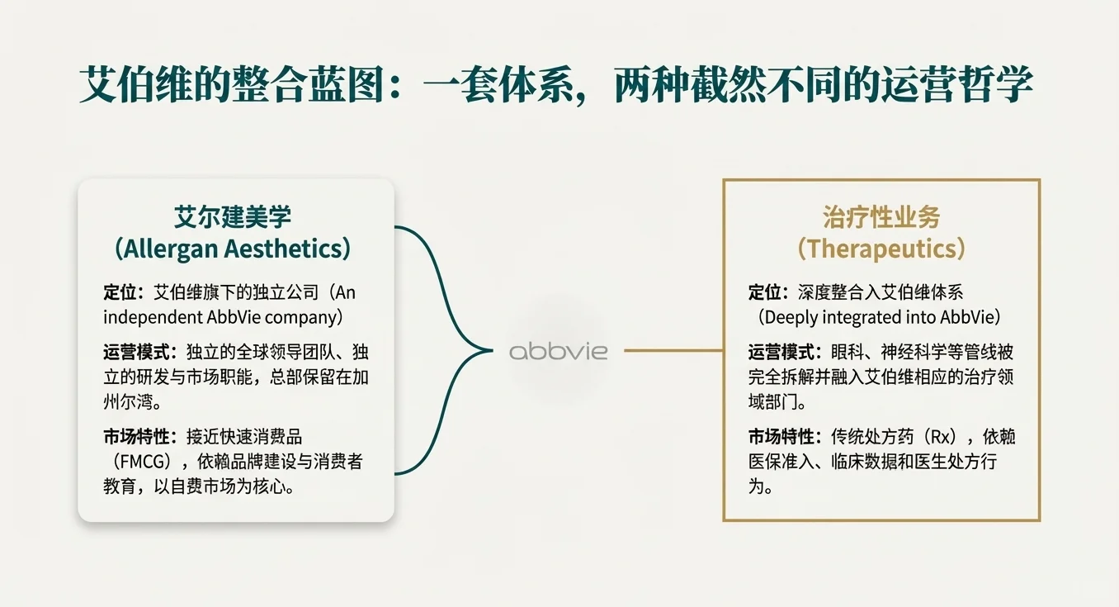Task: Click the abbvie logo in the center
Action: coord(558,351)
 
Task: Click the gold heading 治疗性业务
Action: coord(881,217)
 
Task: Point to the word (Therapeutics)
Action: coord(881,248)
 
